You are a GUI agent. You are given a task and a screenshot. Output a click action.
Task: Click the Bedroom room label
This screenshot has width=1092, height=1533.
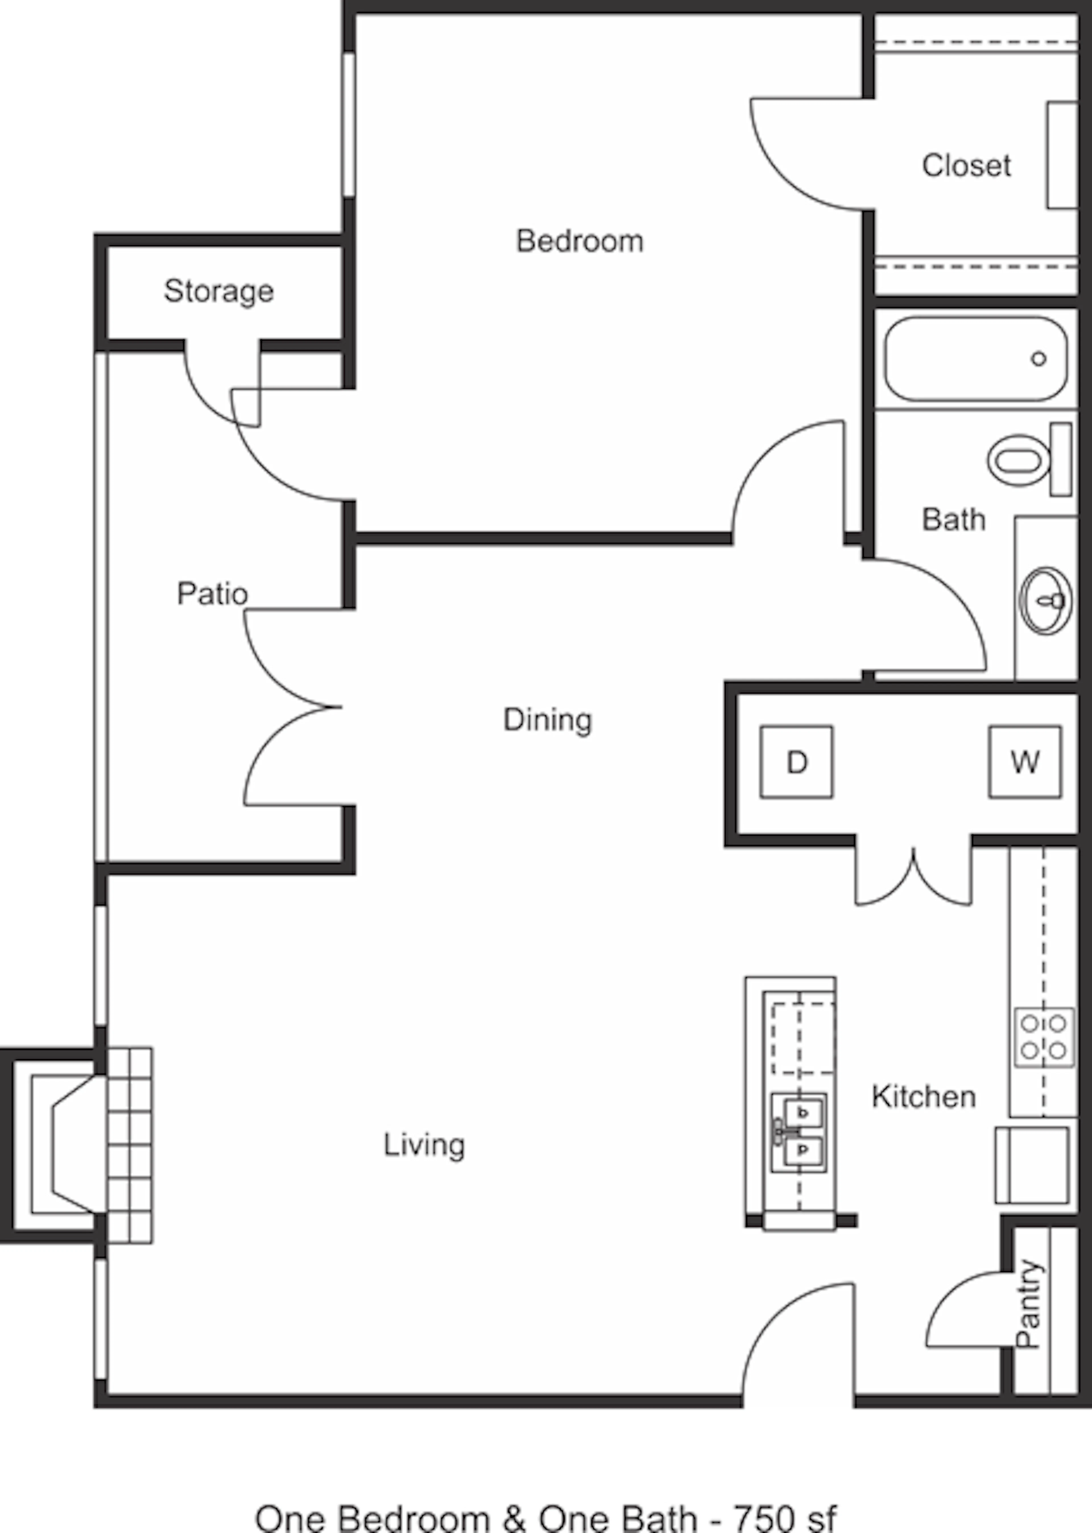point(580,241)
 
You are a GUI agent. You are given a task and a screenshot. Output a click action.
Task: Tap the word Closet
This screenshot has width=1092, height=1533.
point(966,166)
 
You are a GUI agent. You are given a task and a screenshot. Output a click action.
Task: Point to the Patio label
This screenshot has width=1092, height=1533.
point(212,593)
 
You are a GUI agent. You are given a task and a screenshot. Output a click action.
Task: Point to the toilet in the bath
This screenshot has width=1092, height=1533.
point(1029,460)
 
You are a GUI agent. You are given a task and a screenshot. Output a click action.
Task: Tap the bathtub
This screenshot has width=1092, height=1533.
point(976,358)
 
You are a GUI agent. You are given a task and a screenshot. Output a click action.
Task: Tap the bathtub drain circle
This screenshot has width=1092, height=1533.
point(1039,358)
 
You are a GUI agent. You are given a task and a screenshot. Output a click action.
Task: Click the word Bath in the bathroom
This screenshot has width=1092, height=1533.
point(954,519)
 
